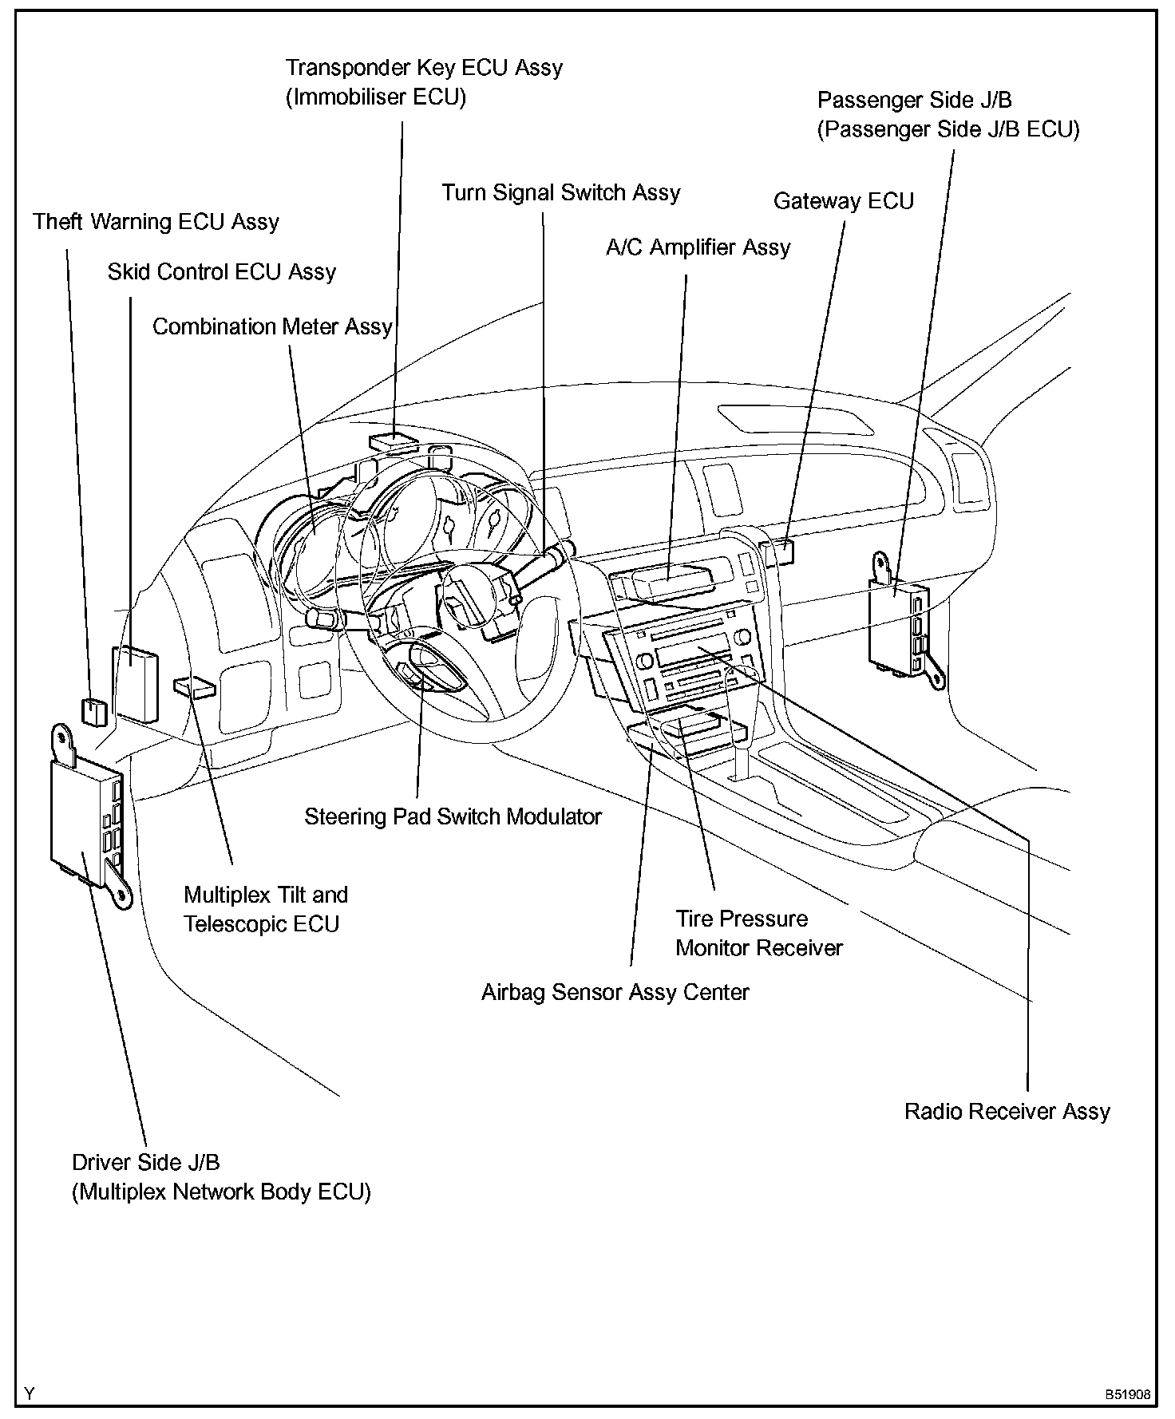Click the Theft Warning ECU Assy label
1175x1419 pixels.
coord(156,221)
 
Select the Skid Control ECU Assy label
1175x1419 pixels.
coord(222,272)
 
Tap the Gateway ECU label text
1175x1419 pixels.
coord(843,201)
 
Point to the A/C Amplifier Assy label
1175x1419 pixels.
coord(698,247)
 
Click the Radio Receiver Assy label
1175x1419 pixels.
coord(1007,1112)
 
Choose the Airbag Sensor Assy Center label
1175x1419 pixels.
coord(615,993)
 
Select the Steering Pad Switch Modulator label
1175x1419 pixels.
coord(453,817)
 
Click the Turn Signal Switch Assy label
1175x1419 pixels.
coord(561,193)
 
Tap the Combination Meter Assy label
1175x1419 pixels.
coord(272,327)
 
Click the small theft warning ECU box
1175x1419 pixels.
coord(93,711)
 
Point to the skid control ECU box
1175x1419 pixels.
coord(135,683)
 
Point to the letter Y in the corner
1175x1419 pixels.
coord(30,1394)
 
